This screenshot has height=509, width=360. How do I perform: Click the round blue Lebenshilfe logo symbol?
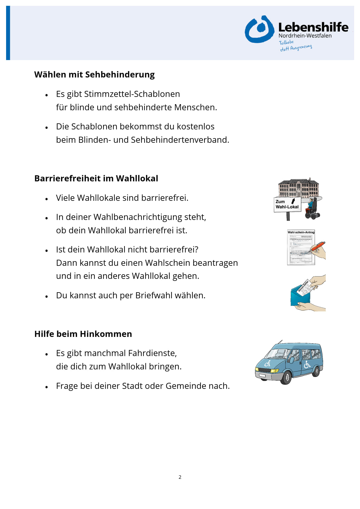(x=259, y=29)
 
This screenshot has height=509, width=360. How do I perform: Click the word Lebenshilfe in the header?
(x=313, y=27)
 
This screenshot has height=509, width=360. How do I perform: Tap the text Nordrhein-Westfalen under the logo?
(x=305, y=36)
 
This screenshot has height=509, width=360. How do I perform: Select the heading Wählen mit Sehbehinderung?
(x=94, y=75)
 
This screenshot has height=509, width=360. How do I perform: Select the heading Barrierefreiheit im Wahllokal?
(x=96, y=178)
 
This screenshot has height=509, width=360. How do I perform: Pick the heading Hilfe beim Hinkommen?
(x=83, y=334)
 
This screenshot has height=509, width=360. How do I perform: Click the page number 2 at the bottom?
(x=180, y=477)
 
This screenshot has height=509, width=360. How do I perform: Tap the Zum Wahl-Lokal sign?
(x=287, y=204)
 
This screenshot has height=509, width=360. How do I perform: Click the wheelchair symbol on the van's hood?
(x=267, y=363)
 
